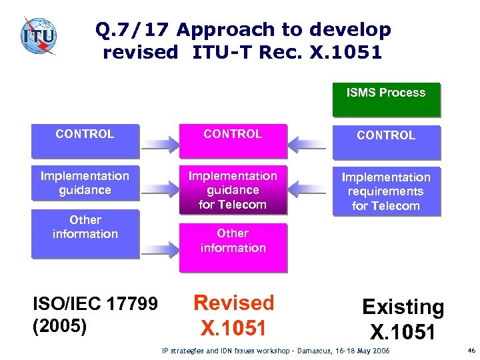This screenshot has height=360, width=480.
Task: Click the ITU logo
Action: click(38, 36)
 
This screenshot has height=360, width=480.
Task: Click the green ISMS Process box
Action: click(386, 99)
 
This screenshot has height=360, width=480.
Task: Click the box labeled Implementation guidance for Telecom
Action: click(233, 190)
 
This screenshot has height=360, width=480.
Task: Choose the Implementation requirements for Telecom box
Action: click(386, 191)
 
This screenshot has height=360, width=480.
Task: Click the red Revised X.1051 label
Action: click(233, 315)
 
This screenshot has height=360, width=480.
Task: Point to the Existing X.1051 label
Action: click(403, 319)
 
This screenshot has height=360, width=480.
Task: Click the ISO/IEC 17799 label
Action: click(95, 304)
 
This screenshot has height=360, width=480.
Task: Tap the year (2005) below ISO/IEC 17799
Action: click(60, 327)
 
